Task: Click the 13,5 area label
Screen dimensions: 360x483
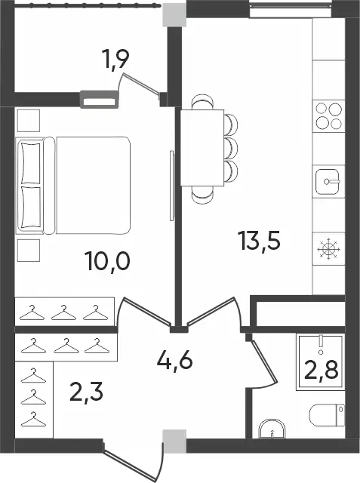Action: [x=259, y=241]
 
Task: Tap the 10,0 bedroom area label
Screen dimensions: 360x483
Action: [x=109, y=260]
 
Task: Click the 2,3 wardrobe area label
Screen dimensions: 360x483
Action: [x=86, y=391]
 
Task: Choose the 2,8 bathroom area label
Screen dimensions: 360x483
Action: [x=322, y=370]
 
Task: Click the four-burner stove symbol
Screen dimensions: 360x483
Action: [x=329, y=115]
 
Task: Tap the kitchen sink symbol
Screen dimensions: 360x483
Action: [x=328, y=182]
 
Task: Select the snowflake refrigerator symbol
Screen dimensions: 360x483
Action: [x=328, y=248]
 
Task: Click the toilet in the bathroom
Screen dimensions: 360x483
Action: [x=327, y=415]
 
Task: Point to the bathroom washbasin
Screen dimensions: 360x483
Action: [x=272, y=429]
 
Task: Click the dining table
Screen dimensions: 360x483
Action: [x=202, y=148]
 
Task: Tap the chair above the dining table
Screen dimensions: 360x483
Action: [x=202, y=102]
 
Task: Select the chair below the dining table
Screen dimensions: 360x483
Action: [x=202, y=194]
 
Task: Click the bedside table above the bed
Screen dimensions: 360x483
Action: [x=29, y=121]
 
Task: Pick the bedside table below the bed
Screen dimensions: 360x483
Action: [x=29, y=251]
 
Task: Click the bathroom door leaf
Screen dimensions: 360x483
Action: [x=263, y=360]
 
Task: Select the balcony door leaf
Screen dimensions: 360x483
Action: [x=141, y=82]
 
